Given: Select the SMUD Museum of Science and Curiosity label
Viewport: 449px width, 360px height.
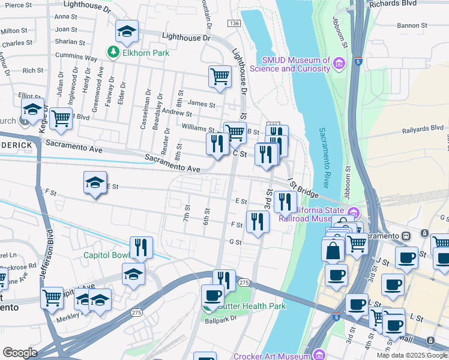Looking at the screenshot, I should [x=297, y=64].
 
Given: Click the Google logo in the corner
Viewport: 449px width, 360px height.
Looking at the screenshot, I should [x=20, y=353].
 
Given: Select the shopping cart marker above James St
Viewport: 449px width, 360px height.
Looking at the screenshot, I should [x=220, y=77].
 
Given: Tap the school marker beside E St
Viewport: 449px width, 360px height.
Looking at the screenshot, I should [x=95, y=183].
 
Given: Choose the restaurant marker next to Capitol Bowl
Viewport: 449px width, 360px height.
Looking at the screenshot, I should [x=141, y=247].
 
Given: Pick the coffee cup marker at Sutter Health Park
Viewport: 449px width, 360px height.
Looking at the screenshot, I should [x=212, y=296].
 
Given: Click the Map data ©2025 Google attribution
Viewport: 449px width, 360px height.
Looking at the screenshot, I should [x=412, y=355].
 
